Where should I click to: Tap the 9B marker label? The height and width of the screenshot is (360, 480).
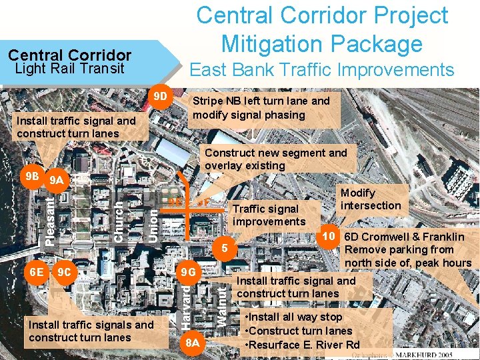coord(30,177)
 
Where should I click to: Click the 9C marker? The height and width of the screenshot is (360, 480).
coord(65,272)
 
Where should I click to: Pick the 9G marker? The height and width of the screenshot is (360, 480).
coord(189,272)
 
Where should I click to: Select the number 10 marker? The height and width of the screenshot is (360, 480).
coord(328,237)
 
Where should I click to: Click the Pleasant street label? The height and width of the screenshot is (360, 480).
coord(49,219)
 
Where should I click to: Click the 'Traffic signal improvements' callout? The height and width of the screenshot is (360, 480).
coord(269,215)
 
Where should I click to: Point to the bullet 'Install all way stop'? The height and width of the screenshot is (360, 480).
coord(294,317)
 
